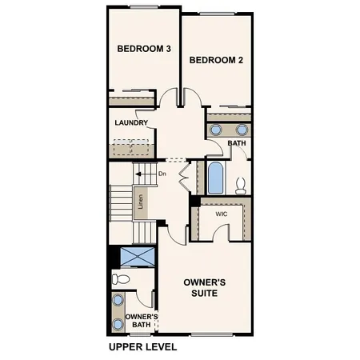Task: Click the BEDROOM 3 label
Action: point(144,49)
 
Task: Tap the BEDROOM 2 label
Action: point(215,60)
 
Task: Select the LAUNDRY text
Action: point(130,123)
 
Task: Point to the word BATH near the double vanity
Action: point(237,144)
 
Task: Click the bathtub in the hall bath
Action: point(216,178)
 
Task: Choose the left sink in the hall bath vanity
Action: point(215,130)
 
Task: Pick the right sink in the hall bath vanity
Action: point(242,130)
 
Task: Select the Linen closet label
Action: point(141,203)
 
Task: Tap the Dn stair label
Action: point(162,174)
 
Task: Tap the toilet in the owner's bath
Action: point(120,279)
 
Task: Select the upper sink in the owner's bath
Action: point(118,301)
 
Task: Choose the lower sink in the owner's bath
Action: point(118,324)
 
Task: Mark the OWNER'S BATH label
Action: point(142,321)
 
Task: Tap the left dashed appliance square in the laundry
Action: point(122,148)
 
